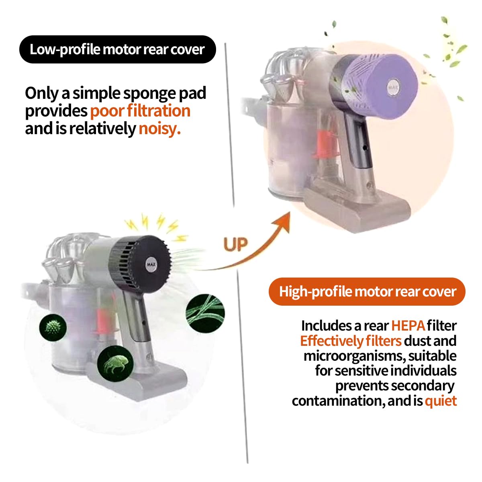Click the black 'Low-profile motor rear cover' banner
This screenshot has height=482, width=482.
117,49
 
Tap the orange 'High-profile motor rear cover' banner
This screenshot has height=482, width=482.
367,291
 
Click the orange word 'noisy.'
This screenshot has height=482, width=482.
159,129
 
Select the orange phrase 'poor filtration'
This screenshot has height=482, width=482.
140,110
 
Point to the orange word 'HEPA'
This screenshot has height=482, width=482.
408,326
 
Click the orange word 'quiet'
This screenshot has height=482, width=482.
441,400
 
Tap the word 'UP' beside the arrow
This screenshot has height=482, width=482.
235,244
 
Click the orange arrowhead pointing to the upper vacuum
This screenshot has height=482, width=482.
284,222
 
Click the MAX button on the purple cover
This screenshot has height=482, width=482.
393,87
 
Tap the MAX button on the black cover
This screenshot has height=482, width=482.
151,264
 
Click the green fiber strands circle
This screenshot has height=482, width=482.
205,313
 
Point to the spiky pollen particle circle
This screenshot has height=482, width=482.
53,328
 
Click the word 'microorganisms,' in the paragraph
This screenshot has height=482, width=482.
355,356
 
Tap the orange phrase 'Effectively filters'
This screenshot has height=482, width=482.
351,341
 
